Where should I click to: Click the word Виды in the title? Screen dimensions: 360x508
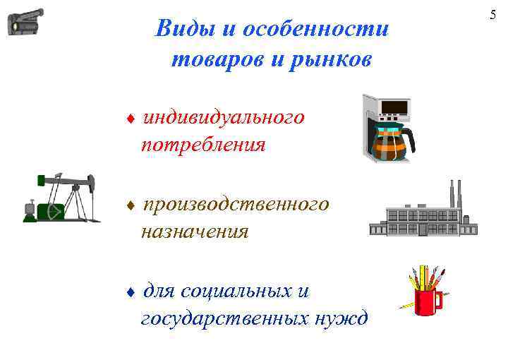tap(179, 30)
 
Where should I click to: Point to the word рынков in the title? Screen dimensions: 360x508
tap(327, 59)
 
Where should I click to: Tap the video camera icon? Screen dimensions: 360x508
tap(25, 22)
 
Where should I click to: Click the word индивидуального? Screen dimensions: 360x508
tap(224, 116)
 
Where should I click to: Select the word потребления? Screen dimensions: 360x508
tap(203, 145)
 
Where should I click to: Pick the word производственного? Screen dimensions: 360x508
tap(236, 204)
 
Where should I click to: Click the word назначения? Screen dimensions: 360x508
tap(195, 232)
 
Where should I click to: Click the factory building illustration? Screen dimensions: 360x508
tap(423, 216)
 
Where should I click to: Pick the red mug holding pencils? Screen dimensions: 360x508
tap(427, 300)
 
